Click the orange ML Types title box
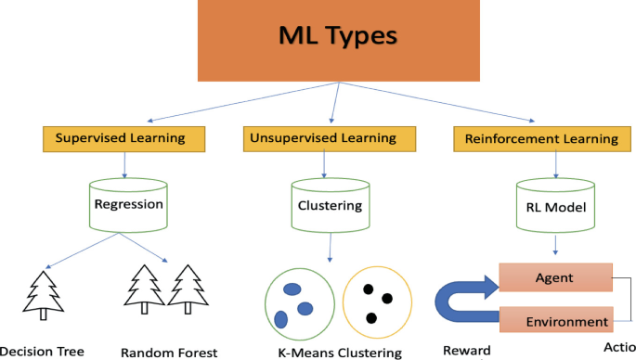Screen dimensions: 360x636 337,39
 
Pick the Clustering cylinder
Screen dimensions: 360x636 324,203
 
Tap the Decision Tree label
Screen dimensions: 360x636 42,351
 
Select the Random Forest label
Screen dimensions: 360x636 169,352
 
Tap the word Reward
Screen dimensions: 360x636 461,352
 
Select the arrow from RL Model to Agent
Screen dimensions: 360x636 555,246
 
